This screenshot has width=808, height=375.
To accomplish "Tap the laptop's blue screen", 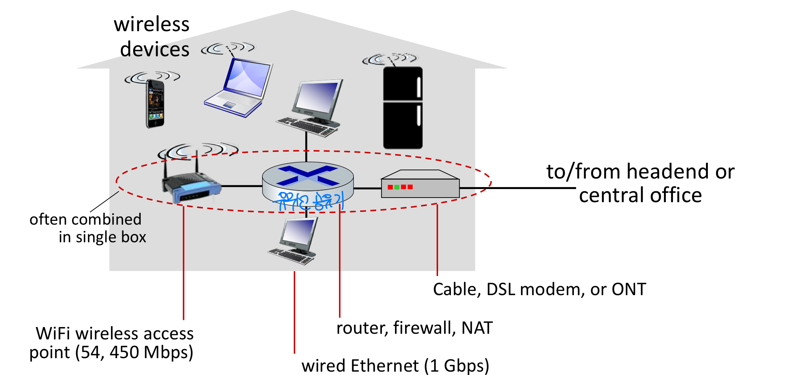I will [x=248, y=77].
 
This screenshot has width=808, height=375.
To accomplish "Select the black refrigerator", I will [x=403, y=108].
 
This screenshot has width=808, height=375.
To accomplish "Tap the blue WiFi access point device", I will [x=191, y=186].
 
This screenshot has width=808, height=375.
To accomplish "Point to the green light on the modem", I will [x=397, y=187].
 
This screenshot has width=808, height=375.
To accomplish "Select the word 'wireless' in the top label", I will [x=152, y=24].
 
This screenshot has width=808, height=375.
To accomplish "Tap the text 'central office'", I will [x=640, y=195].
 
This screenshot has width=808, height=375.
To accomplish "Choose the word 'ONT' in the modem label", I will [x=629, y=289].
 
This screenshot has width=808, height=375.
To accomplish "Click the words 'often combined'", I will [x=86, y=219].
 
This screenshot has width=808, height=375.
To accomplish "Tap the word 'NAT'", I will [x=477, y=328].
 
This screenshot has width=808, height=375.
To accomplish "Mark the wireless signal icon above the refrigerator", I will [x=389, y=59].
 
